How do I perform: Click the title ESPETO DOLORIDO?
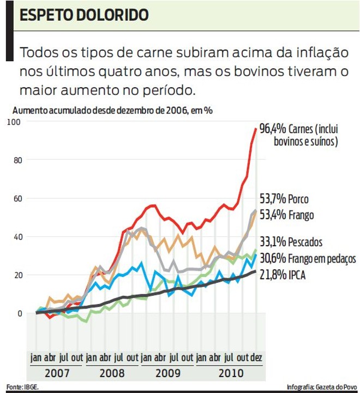(84, 15)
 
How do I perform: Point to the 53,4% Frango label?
(286, 215)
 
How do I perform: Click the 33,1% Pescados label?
(291, 242)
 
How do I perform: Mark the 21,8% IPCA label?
(282, 275)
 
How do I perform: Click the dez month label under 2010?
(255, 358)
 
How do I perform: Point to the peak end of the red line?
(255, 129)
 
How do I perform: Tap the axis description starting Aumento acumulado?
(112, 109)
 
